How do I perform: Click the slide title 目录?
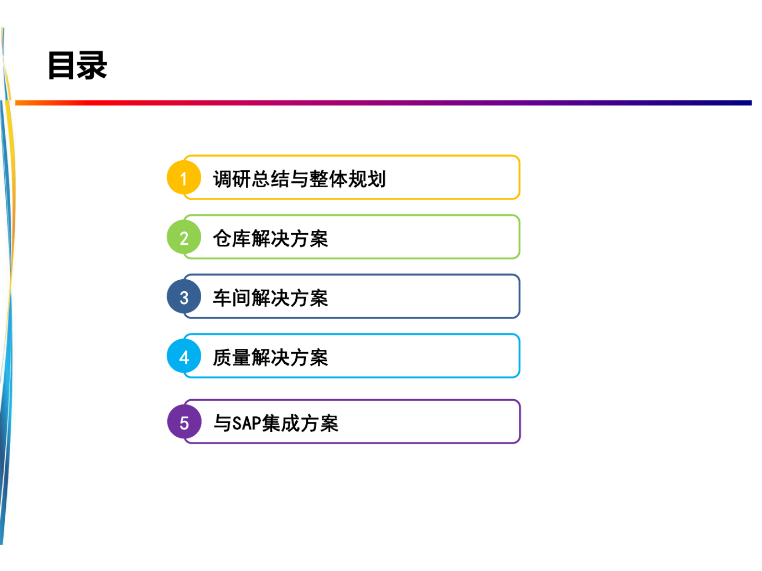pos(77,65)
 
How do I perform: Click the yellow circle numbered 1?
pos(183,178)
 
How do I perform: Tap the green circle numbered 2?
pos(183,238)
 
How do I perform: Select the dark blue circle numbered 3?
pos(183,297)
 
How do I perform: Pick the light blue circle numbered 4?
pos(183,357)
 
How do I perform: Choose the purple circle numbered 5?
pos(184,422)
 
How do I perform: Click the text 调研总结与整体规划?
pos(299,179)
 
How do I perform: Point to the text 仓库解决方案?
pos(270,238)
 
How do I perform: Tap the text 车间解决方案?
pos(270,298)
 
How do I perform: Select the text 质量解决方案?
pos(270,357)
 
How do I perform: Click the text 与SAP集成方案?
pos(276,423)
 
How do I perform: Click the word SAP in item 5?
pos(247,423)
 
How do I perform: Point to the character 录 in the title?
pos(92,65)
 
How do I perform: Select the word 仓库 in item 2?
pos(232,238)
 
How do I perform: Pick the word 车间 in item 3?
pos(232,298)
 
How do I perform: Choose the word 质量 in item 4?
pos(232,357)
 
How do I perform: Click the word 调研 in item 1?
pos(232,179)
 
